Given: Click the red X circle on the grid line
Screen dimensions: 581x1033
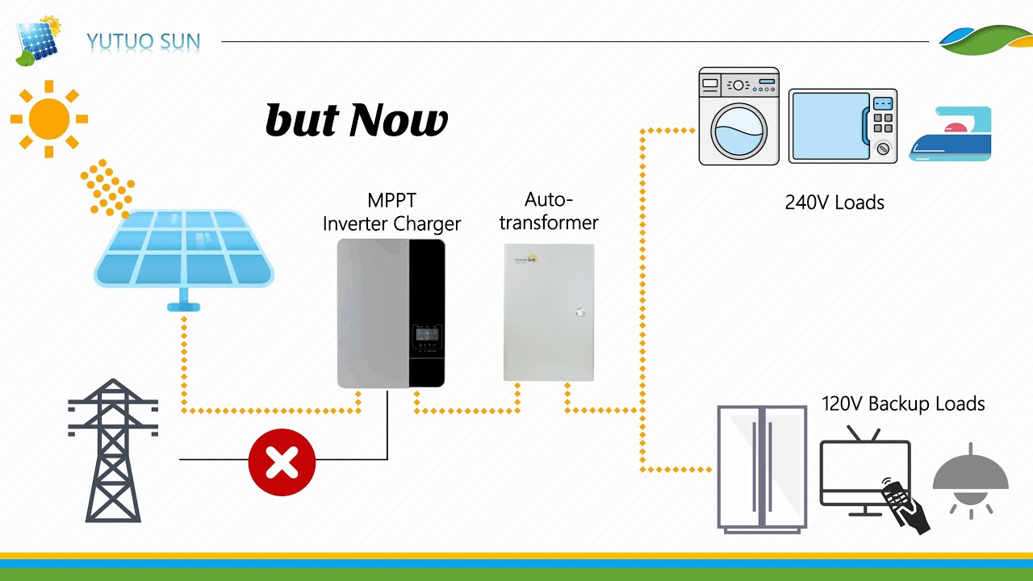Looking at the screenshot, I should coord(282,462).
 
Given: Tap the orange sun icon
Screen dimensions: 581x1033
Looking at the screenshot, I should coord(49,119).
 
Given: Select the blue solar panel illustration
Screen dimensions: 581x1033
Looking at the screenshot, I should coord(184,250).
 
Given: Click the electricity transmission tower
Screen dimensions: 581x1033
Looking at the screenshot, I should coord(113,452).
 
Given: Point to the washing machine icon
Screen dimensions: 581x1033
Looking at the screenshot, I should coord(738,117).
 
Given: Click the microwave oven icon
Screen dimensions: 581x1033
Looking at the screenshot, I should coord(843,126).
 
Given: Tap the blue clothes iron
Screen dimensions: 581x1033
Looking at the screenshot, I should coord(951,136).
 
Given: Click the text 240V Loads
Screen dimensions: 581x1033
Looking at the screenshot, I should coord(834,203).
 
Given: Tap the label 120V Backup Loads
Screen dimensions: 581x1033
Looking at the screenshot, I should coord(903,403).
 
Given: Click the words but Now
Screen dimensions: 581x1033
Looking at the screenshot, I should coord(356,121).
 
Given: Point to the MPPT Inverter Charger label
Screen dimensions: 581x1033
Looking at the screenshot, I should coord(391,212).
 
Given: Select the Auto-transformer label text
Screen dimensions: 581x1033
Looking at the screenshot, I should coord(549,211).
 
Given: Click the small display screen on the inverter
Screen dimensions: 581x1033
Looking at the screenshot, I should coord(427,336).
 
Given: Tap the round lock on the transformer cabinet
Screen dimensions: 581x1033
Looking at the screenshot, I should coord(579,312).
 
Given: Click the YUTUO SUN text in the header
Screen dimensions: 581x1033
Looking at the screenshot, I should coord(144,41).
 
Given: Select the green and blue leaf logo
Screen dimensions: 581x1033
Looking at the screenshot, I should coord(985,40).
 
